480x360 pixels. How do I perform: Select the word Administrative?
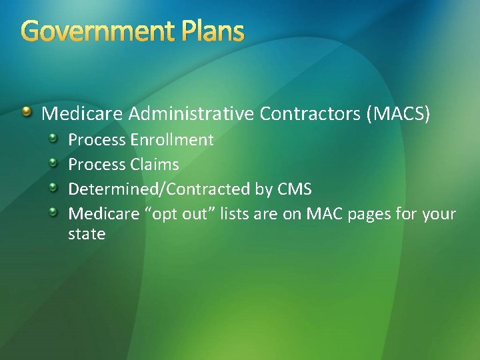click(x=191, y=114)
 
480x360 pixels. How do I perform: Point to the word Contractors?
click(x=311, y=114)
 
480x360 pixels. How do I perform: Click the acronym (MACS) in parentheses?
click(x=399, y=114)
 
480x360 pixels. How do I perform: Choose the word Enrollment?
click(x=172, y=140)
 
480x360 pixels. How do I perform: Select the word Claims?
click(x=155, y=165)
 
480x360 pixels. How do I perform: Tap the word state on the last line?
click(x=87, y=234)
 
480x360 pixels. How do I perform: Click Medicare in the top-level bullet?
click(x=82, y=114)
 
